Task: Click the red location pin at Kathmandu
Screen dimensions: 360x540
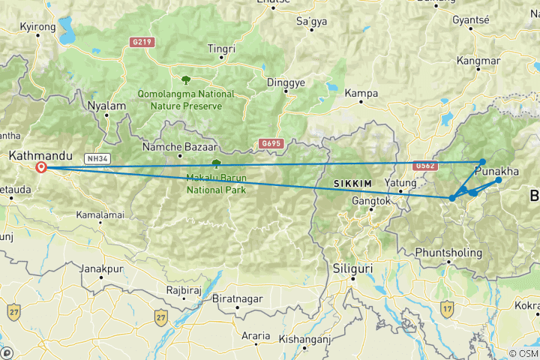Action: click(x=40, y=168)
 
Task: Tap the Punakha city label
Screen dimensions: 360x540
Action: click(x=496, y=172)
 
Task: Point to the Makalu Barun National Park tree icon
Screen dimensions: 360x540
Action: click(x=216, y=163)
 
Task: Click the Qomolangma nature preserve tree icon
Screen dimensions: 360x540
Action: click(x=184, y=78)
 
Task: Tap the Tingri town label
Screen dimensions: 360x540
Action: click(x=221, y=49)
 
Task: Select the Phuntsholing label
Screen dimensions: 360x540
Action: click(x=448, y=252)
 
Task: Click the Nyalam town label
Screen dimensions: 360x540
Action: click(x=106, y=106)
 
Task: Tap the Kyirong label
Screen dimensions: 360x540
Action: click(x=37, y=26)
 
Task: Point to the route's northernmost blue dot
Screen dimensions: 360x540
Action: click(x=482, y=162)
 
